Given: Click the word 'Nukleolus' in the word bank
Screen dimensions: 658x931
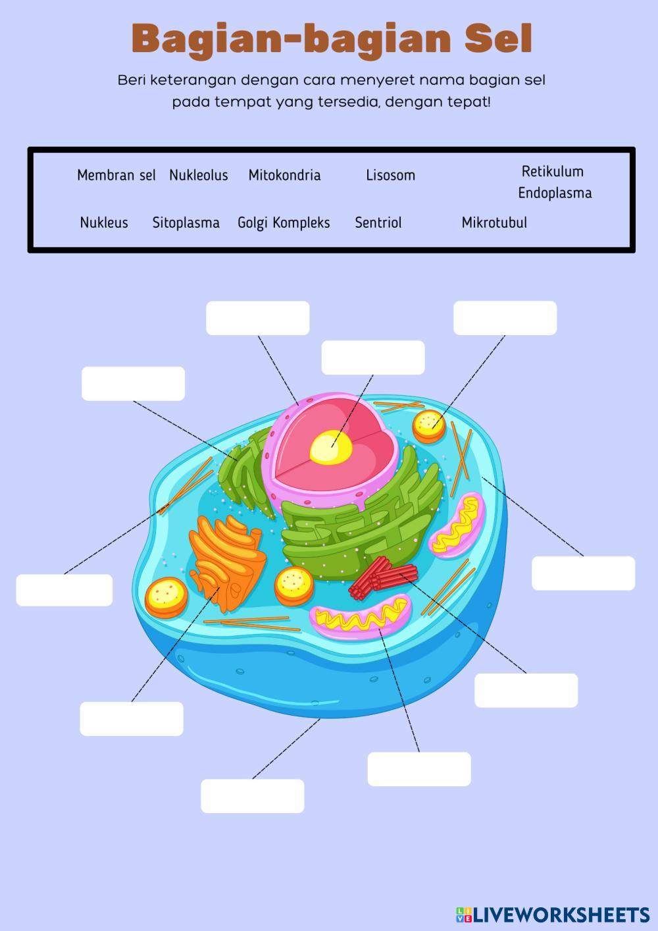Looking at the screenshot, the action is [198, 175].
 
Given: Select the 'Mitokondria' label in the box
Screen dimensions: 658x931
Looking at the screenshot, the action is [284, 175].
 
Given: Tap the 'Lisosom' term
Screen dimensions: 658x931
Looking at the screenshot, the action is [390, 175].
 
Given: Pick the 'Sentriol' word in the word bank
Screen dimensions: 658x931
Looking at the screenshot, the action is [378, 223].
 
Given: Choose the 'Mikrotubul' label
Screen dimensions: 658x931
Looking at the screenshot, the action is [494, 223].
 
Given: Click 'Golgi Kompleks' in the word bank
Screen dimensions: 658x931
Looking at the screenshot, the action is [284, 223].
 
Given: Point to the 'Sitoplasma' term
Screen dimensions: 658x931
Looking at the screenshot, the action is [186, 223].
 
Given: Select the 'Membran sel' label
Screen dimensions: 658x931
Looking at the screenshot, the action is [116, 175].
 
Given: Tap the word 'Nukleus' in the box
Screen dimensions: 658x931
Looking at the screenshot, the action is [104, 223].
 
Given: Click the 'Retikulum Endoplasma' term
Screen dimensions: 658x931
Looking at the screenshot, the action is [554, 182].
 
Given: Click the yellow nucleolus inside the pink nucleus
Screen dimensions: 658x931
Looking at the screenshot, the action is [331, 447].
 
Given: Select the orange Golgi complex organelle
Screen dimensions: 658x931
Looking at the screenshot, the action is [227, 556].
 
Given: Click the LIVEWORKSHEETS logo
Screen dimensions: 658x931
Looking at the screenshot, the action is [553, 914].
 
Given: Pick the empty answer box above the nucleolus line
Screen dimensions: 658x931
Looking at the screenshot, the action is [372, 358].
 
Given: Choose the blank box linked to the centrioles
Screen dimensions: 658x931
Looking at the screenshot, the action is [526, 690].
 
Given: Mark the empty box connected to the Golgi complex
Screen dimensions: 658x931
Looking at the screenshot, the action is [132, 718].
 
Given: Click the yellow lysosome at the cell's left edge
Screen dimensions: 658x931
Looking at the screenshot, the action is [166, 597].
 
